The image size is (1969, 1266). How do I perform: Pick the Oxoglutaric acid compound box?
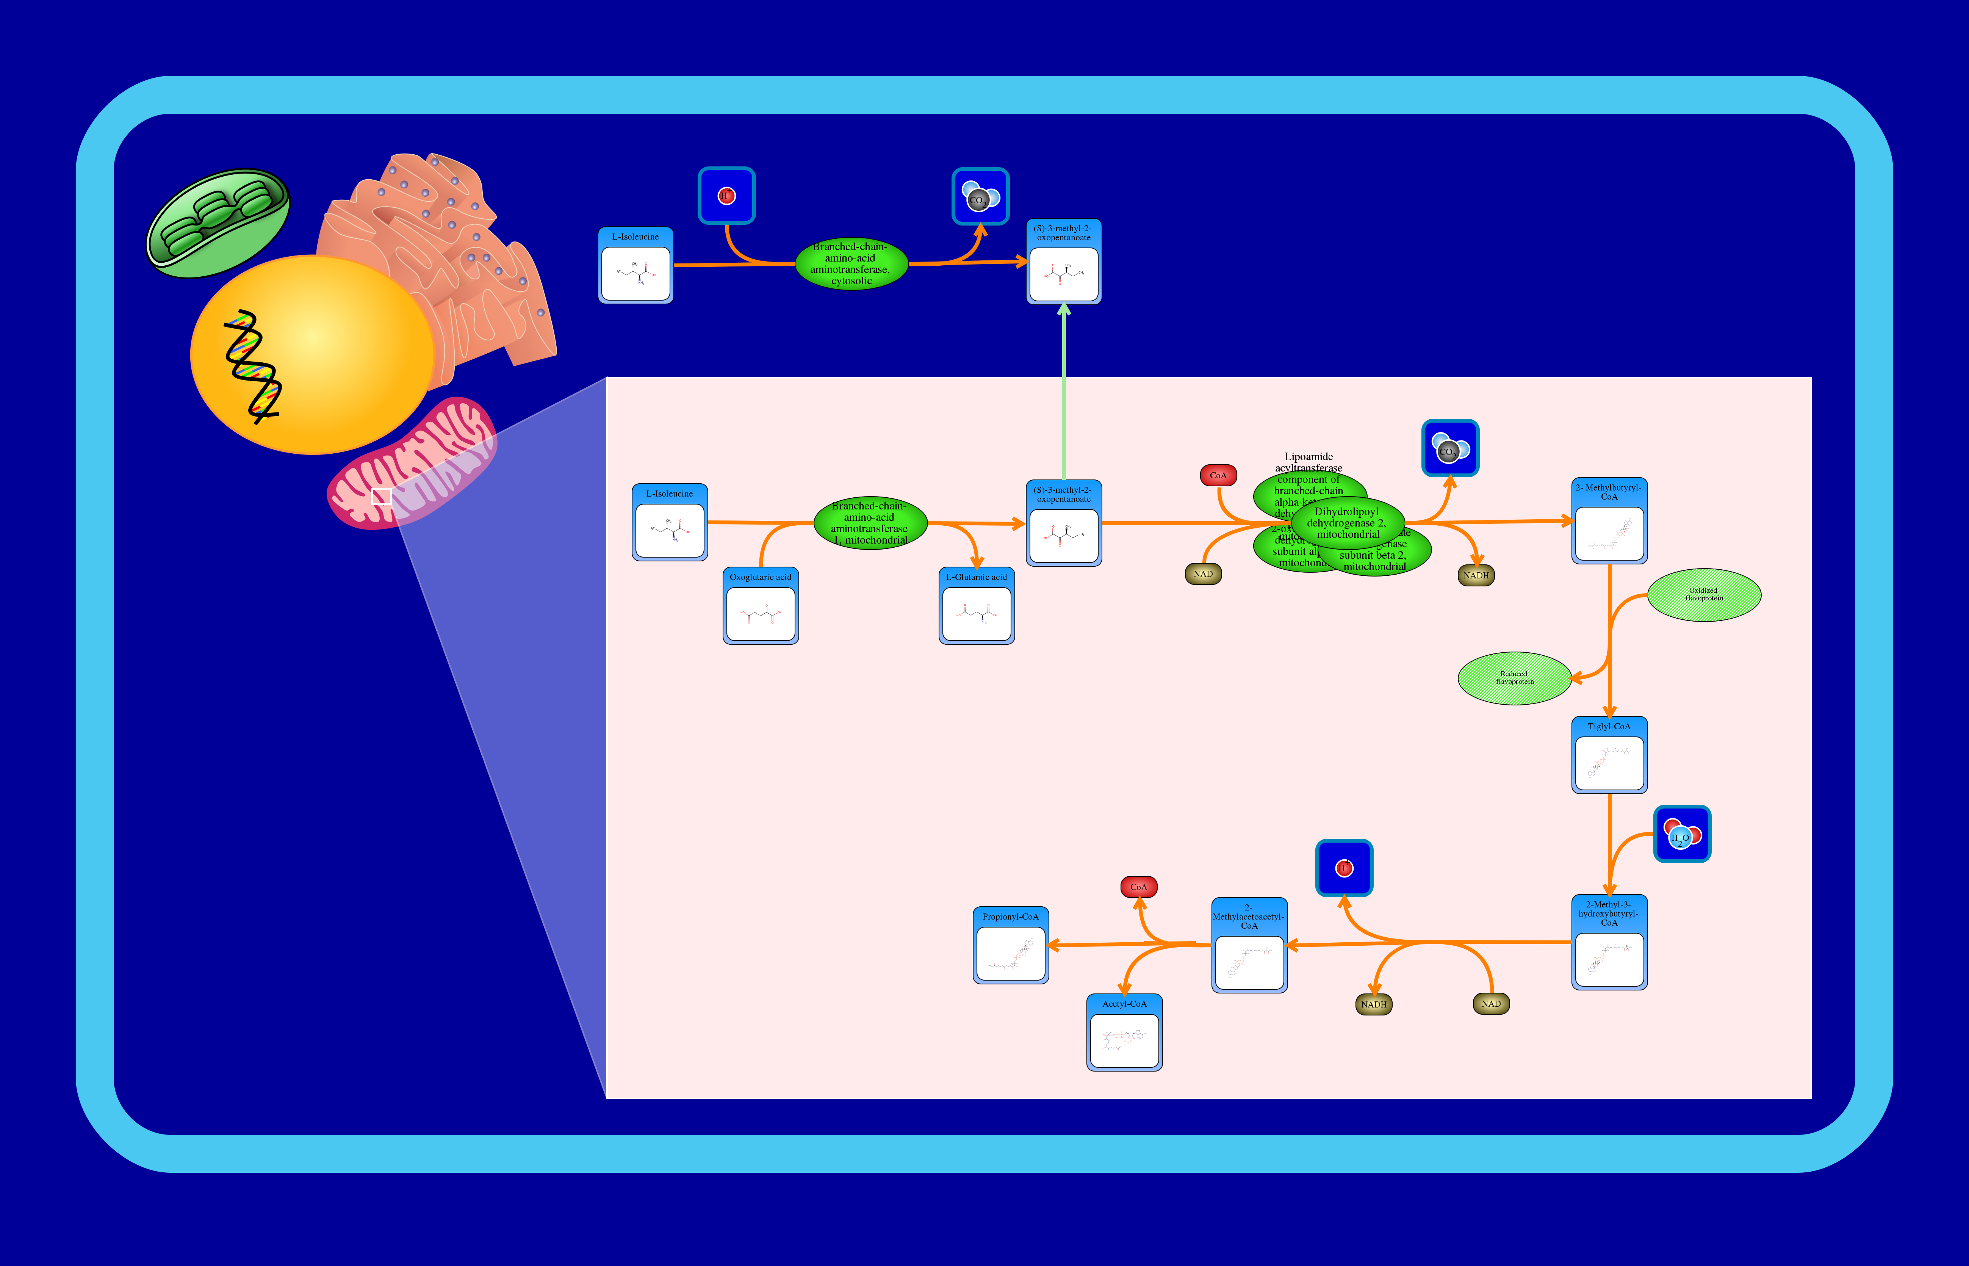(x=760, y=606)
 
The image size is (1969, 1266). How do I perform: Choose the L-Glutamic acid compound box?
(x=976, y=606)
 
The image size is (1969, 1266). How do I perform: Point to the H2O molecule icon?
(x=1681, y=834)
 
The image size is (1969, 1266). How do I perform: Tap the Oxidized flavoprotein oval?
(x=1704, y=594)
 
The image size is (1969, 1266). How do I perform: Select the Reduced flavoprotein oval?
(x=1514, y=678)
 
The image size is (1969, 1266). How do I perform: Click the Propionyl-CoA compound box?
(x=1010, y=945)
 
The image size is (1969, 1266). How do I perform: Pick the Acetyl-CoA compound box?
(x=1124, y=1033)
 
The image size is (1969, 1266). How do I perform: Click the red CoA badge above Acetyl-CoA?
(x=1138, y=887)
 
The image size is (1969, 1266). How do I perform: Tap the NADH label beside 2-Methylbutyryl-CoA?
(x=1476, y=575)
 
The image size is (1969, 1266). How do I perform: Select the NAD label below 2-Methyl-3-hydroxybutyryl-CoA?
(x=1491, y=1004)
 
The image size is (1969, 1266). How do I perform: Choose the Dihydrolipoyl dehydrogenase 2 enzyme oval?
(x=1348, y=523)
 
